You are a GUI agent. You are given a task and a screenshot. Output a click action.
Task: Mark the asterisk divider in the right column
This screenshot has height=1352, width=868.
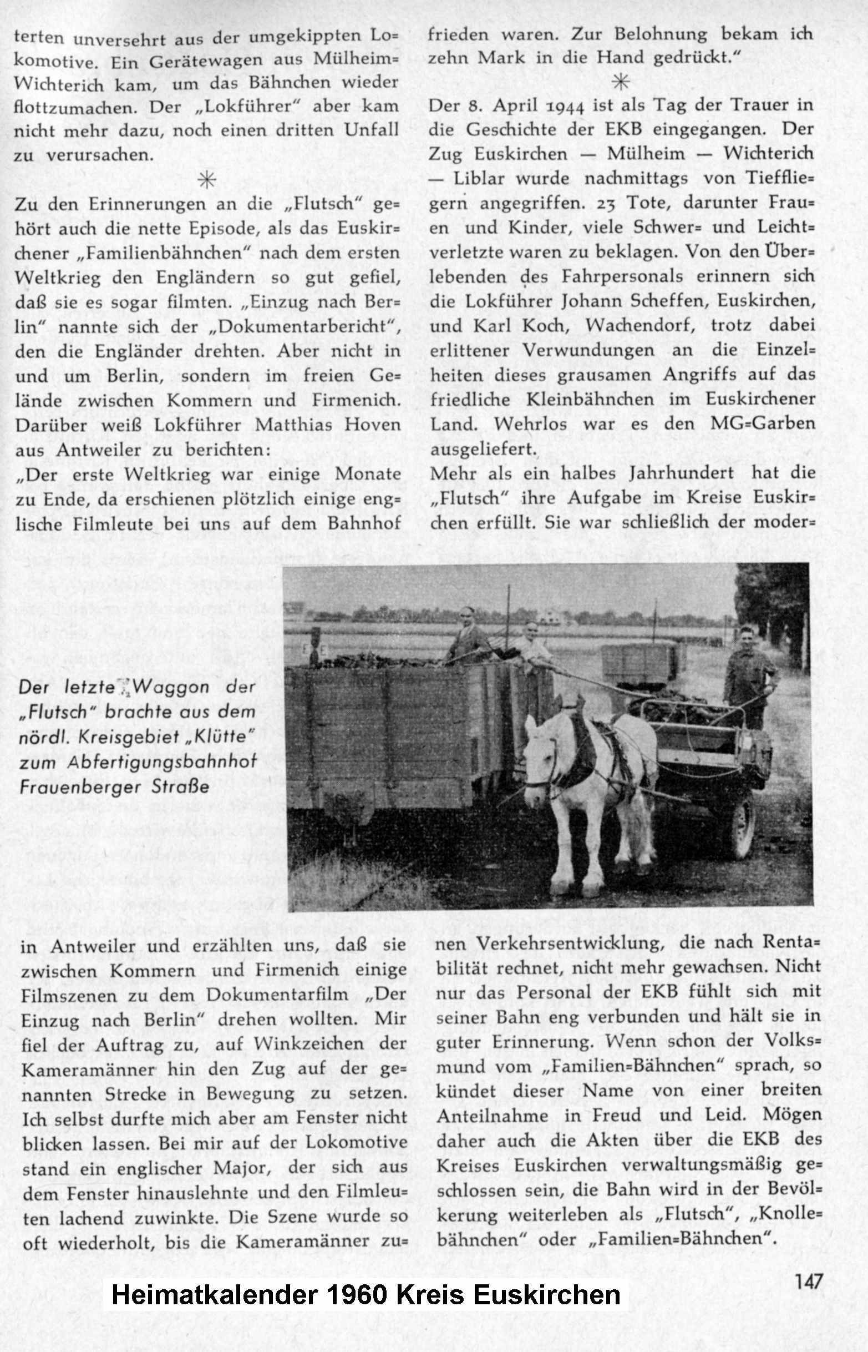click(621, 82)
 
